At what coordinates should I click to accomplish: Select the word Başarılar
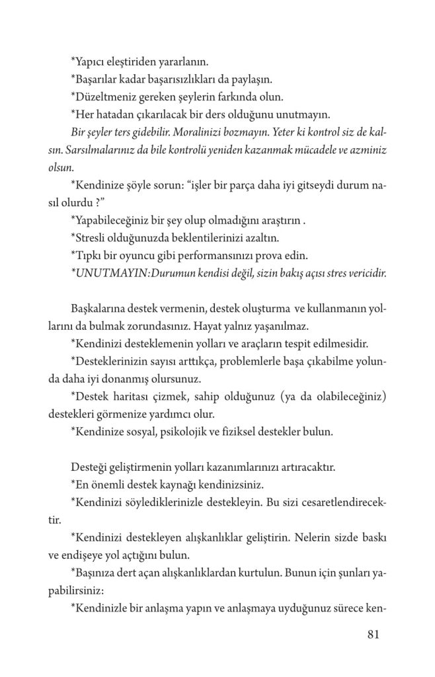pos(97,80)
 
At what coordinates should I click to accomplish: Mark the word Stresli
pos(91,238)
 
